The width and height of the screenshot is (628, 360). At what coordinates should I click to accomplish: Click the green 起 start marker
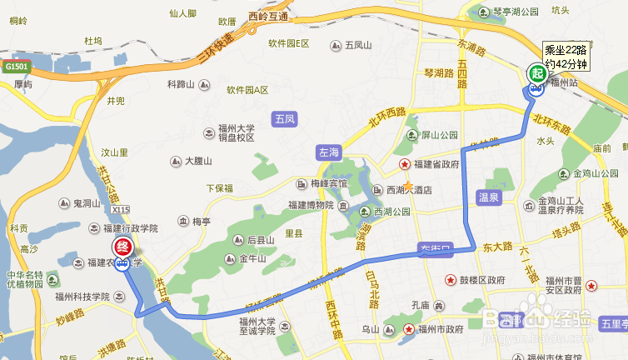tap(536, 73)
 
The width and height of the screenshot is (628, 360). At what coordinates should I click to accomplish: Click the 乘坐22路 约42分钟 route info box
tap(566, 57)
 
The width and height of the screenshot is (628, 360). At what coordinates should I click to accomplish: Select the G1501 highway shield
tap(16, 66)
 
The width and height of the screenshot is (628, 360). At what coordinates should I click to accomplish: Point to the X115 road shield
tap(120, 210)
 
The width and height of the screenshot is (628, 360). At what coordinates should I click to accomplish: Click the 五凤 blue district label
tap(284, 120)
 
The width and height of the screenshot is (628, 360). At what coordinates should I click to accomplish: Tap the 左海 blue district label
tap(329, 152)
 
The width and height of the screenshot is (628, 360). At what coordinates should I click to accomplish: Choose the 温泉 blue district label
tap(488, 197)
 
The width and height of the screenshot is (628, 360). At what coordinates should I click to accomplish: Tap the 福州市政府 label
tap(441, 329)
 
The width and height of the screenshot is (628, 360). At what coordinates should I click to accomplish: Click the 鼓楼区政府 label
tap(482, 280)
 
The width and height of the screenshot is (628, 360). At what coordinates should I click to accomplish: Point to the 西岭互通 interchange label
tap(267, 17)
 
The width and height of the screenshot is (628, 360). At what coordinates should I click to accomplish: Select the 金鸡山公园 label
tap(594, 174)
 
